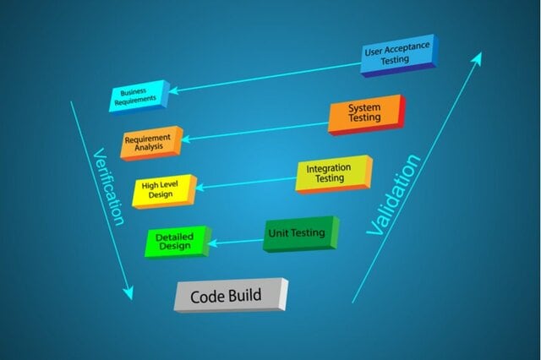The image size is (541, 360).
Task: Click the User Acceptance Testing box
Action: pos(399,55)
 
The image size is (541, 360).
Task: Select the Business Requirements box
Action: pos(139,95)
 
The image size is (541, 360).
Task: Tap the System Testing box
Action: pos(366,115)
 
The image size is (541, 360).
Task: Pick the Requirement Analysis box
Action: pos(152,143)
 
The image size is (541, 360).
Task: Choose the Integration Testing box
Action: pos(334,174)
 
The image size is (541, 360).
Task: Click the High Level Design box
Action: pos(164,191)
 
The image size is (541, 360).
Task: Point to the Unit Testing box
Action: pos(301,234)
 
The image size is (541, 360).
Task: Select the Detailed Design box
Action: pos(178,242)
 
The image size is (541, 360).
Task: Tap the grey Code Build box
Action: pos(231,295)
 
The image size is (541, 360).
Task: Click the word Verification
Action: pos(108,188)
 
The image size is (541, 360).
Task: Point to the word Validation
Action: pos(394,195)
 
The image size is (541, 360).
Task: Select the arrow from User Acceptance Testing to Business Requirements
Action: pos(265,78)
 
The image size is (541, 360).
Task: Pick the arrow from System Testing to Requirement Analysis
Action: pos(254,131)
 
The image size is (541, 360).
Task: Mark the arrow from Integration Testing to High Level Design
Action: pos(246,183)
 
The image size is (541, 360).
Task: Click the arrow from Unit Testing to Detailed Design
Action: pos(236,242)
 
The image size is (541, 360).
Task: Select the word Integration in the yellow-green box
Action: pos(329,169)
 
